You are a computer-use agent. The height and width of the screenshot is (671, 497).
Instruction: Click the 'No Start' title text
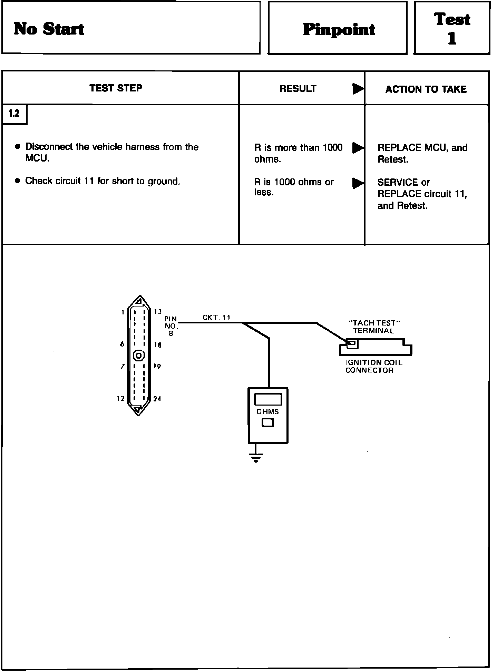point(49,29)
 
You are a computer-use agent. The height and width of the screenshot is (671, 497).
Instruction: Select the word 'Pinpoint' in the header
point(339,30)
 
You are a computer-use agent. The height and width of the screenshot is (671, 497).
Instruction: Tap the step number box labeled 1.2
point(14,114)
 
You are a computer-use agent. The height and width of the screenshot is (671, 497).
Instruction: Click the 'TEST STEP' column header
point(116,88)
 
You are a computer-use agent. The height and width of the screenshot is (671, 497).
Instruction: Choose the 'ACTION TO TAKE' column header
point(426,89)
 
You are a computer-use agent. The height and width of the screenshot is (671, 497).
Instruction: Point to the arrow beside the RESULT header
point(358,89)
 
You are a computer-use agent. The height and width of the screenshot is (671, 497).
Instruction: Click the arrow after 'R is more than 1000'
point(358,148)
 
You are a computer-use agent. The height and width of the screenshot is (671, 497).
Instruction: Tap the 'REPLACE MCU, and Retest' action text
point(422,153)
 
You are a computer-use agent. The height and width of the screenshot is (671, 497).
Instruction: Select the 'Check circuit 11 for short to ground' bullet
point(103,181)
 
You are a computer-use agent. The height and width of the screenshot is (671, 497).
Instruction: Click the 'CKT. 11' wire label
point(216,318)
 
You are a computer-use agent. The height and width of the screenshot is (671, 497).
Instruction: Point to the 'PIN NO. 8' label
point(171,326)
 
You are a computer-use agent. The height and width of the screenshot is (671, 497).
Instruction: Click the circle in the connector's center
point(139,356)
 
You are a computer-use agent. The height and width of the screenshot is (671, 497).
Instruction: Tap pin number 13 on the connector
point(158,312)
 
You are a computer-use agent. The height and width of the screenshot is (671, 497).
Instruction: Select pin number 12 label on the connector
point(120,399)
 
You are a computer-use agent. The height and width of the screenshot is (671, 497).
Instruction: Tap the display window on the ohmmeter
point(268,399)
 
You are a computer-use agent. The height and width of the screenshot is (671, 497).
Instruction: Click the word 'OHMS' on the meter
point(267,411)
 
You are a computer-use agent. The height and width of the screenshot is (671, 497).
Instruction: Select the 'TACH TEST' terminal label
point(374,327)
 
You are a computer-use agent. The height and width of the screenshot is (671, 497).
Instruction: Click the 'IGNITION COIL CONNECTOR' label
point(374,366)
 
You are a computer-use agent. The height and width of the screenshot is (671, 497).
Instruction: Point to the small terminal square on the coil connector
point(352,343)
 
